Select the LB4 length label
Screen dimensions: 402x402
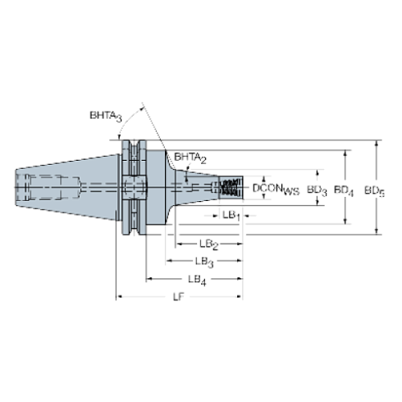[197, 280]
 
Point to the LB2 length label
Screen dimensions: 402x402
[210, 244]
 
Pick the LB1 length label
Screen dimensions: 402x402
[231, 215]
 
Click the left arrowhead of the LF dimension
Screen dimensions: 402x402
[119, 296]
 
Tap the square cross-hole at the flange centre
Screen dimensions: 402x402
[132, 187]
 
